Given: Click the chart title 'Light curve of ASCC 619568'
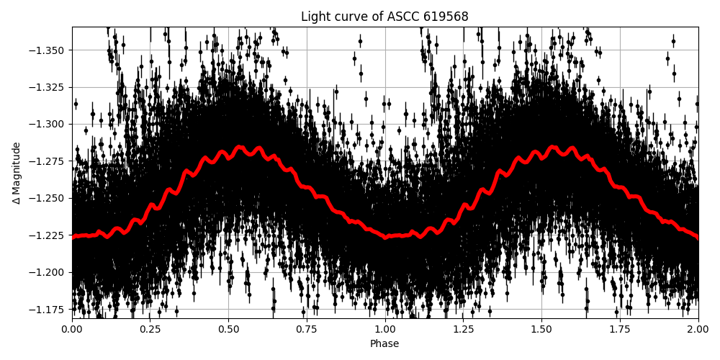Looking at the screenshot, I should (384, 17).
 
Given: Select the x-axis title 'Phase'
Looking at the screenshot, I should (384, 344).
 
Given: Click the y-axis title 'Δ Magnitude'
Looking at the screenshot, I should (17, 173).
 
